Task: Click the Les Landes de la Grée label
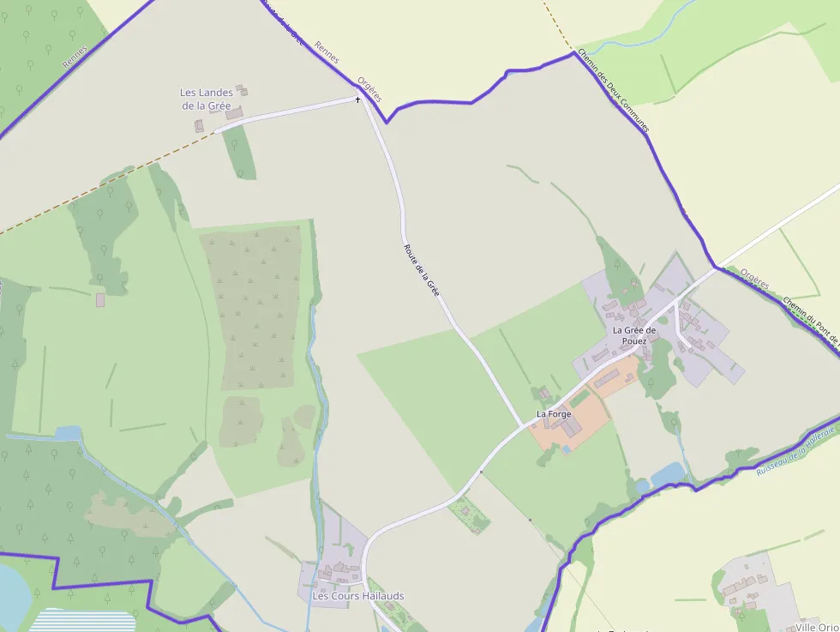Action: (206, 99)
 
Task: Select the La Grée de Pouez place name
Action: (634, 334)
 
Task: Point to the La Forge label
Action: (554, 414)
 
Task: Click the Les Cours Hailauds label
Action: (357, 596)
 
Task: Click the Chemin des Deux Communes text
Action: (613, 90)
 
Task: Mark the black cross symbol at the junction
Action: (358, 99)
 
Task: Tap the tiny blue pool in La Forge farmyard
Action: (566, 448)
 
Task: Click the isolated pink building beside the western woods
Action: (100, 300)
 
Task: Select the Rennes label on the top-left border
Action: (75, 57)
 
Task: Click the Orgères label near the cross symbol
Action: (369, 86)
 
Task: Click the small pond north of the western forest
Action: (68, 434)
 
